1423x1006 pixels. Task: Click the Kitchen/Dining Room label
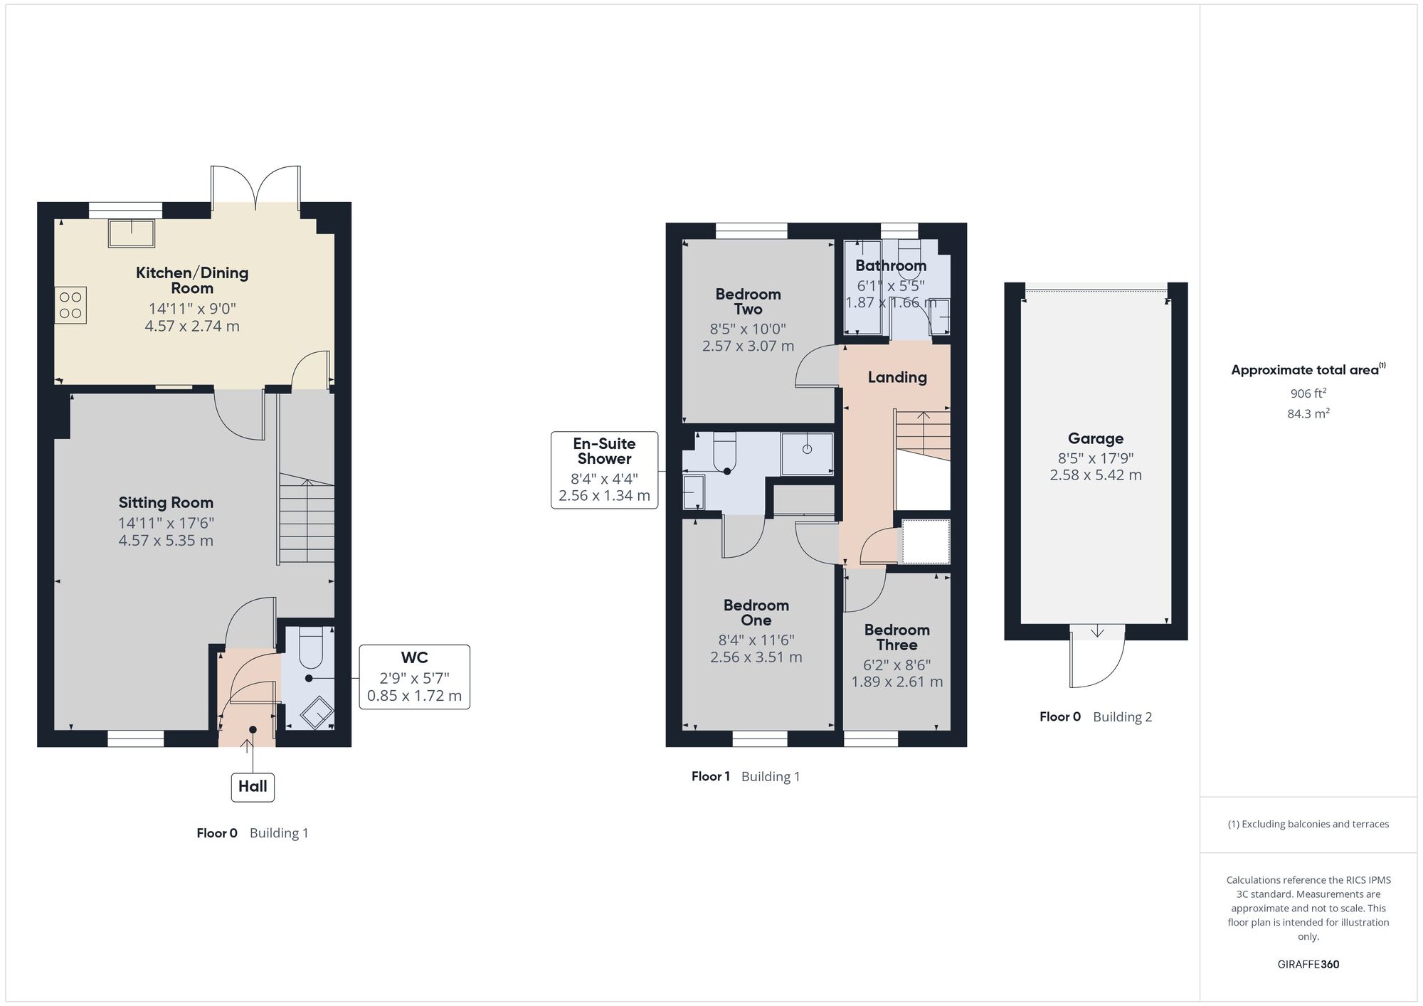pyautogui.click(x=192, y=280)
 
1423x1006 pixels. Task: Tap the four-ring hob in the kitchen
pyautogui.click(x=70, y=305)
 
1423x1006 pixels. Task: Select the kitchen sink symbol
pyautogui.click(x=132, y=233)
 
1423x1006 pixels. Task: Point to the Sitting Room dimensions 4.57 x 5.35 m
pyautogui.click(x=166, y=541)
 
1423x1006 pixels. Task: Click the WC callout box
pyautogui.click(x=414, y=677)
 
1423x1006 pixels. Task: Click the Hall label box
pyautogui.click(x=253, y=786)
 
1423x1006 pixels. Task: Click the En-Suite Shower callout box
pyautogui.click(x=604, y=470)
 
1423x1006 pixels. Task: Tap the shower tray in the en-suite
pyautogui.click(x=807, y=453)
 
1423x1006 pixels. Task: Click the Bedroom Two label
pyautogui.click(x=748, y=302)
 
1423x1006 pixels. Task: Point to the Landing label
pyautogui.click(x=896, y=378)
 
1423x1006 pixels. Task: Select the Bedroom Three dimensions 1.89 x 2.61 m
pyautogui.click(x=896, y=682)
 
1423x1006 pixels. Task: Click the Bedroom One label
pyautogui.click(x=756, y=613)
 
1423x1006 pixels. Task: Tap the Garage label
pyautogui.click(x=1095, y=439)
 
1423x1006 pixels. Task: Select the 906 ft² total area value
pyautogui.click(x=1308, y=393)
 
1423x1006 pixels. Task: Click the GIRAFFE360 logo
pyautogui.click(x=1308, y=965)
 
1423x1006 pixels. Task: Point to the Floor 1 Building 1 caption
pyautogui.click(x=745, y=777)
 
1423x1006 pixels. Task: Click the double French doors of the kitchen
pyautogui.click(x=255, y=186)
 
